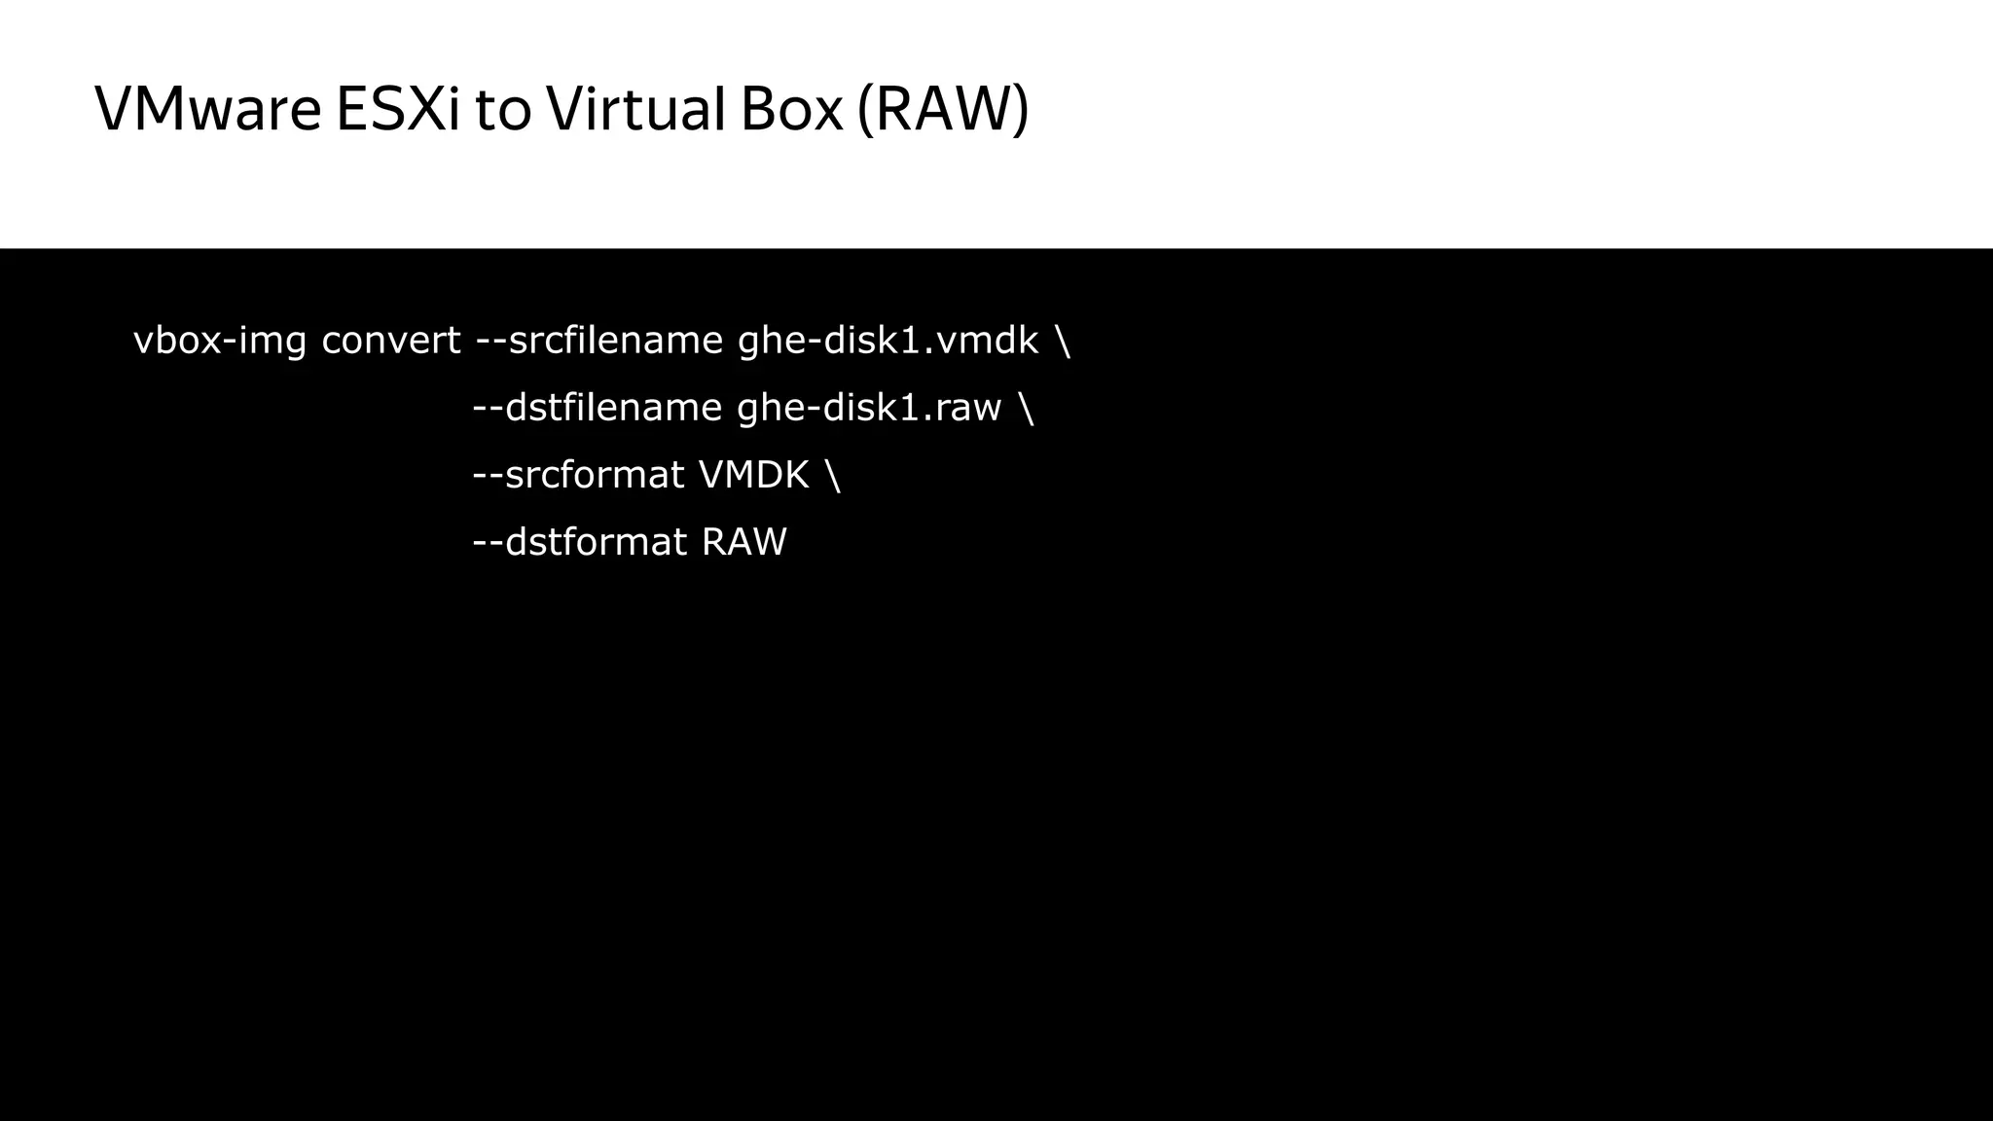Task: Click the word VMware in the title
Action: (207, 109)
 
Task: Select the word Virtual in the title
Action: (635, 109)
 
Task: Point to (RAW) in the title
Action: (943, 109)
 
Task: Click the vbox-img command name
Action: (219, 341)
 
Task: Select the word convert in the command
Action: (390, 341)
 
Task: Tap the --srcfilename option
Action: (598, 341)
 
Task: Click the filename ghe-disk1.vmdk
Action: (888, 341)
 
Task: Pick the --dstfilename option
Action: (597, 408)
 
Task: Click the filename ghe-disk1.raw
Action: (869, 408)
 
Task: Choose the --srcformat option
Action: (578, 475)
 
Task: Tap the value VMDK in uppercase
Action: (754, 475)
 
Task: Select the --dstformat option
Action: (579, 542)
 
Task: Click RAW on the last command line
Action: (743, 542)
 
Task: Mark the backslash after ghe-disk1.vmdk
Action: (1063, 341)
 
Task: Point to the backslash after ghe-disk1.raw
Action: (1027, 408)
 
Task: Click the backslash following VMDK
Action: (833, 475)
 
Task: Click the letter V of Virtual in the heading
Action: (564, 109)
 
